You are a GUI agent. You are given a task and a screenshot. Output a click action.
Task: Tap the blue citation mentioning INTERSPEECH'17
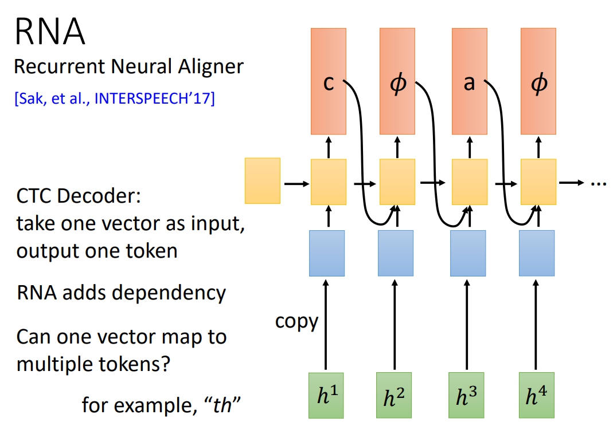coord(114,98)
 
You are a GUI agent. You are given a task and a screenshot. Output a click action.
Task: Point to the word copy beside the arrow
coord(296,321)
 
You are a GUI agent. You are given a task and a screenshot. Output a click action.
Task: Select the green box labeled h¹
coord(326,395)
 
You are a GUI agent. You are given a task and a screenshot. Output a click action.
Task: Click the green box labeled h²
coord(395,395)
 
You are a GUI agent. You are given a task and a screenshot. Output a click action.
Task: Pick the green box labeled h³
coord(467,395)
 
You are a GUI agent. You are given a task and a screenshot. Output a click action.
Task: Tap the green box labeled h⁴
coord(536,395)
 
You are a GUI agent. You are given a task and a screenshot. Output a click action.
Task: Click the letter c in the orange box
coord(328,84)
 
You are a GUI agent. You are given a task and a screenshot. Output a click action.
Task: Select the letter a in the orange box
coord(469,84)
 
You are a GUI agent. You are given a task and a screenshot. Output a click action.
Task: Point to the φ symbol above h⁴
coord(538,84)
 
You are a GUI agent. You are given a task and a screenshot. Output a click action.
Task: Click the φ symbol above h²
coord(397,84)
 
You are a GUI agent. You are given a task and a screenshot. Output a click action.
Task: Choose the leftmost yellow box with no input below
coord(263,181)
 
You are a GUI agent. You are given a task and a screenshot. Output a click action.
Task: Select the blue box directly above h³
coord(468,253)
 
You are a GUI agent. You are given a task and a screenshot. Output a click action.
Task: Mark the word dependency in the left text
coord(170,293)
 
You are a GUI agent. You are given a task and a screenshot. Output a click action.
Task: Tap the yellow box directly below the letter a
coord(470,182)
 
